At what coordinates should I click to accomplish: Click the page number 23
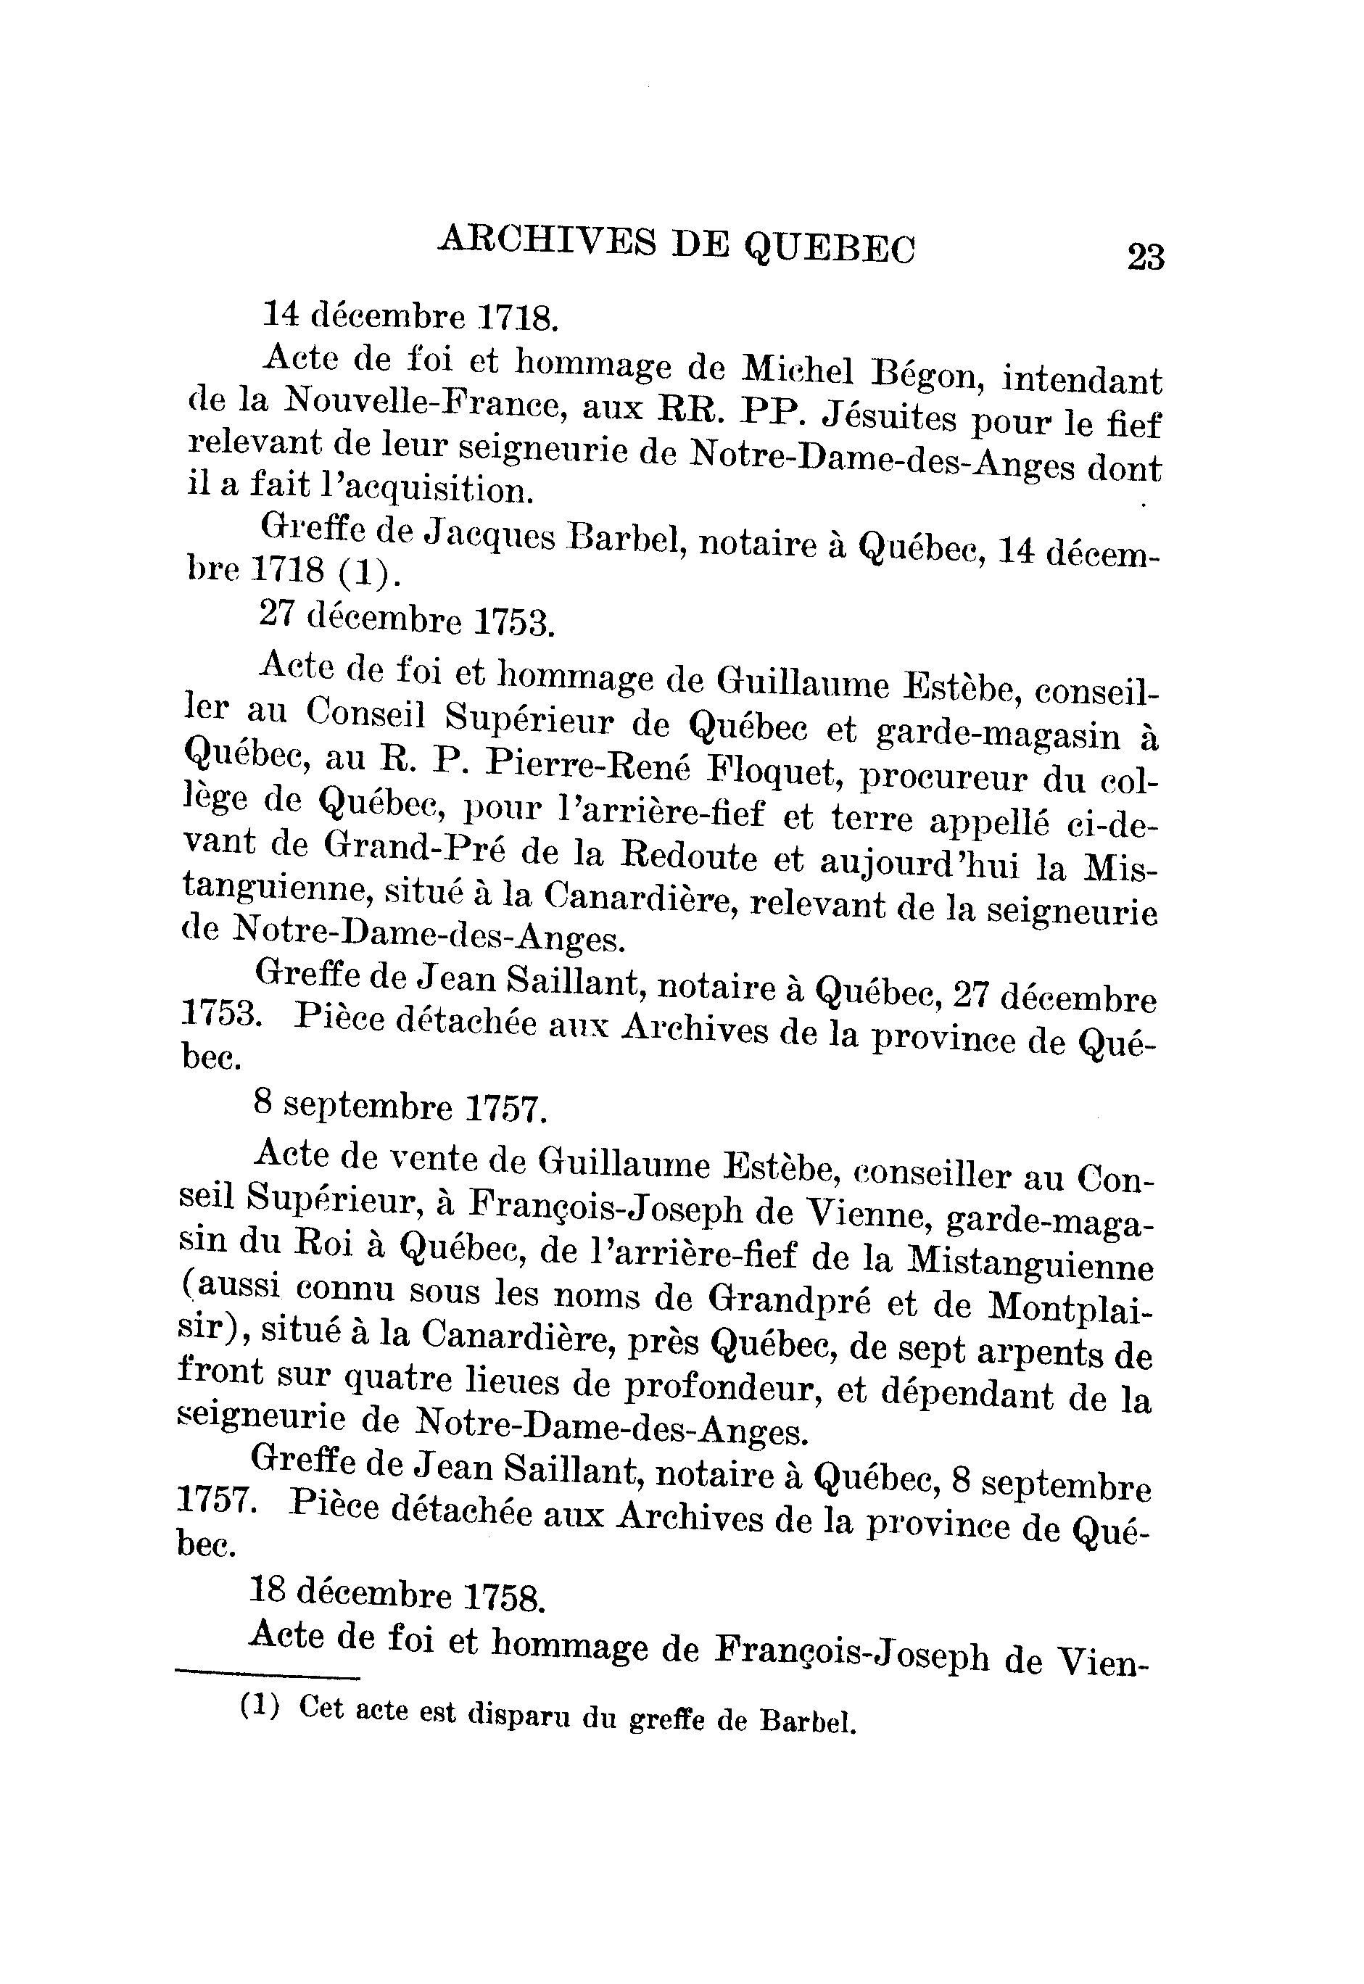(1145, 256)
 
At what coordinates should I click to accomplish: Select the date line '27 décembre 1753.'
(406, 620)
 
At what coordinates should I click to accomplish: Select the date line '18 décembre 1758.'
(397, 1595)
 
